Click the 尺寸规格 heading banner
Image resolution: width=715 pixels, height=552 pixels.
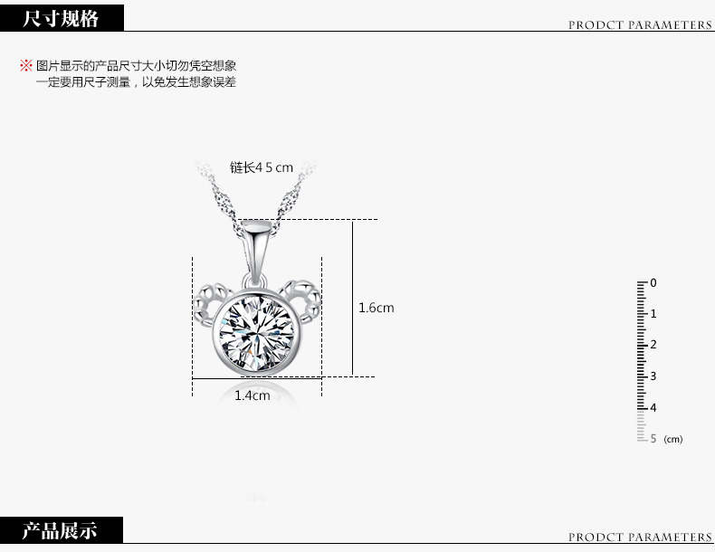61,17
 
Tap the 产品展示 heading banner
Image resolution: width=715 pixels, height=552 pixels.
61,530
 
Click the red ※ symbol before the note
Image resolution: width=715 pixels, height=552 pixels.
25,66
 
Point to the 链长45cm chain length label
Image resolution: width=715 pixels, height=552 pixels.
262,167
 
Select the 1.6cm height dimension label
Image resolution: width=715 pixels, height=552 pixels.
377,308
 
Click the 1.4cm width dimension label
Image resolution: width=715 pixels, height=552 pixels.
253,395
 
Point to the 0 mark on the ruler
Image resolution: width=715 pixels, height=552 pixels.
653,283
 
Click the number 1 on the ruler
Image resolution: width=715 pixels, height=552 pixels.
653,314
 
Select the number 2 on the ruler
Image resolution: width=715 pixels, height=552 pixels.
653,345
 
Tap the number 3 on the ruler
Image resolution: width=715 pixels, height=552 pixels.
653,376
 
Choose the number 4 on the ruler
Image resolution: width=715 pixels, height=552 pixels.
653,407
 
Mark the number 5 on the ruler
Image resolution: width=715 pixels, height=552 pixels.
653,438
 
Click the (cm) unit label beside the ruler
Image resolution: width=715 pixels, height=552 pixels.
673,440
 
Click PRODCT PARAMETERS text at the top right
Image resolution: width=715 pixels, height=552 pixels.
640,25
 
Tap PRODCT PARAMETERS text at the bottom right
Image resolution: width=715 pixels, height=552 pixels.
640,538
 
